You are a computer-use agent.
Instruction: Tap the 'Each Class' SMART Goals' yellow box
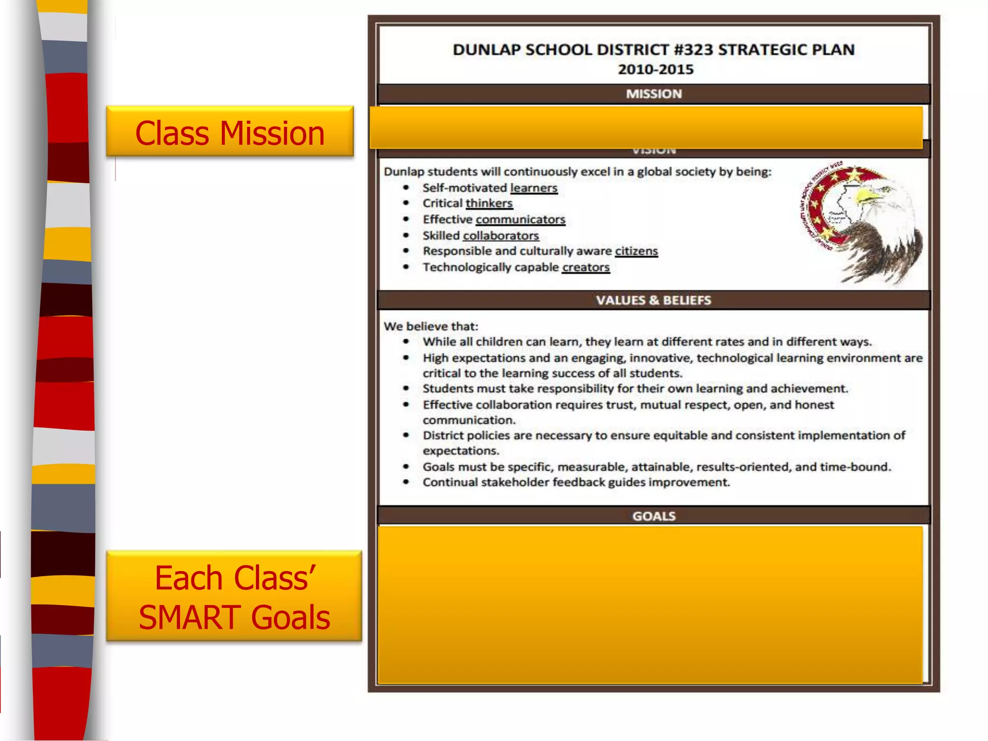pos(234,597)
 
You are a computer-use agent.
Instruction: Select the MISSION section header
pos(654,94)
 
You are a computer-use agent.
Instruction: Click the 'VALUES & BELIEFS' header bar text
pos(654,300)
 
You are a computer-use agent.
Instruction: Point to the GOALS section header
pos(654,516)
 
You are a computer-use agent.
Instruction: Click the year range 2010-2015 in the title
pos(656,69)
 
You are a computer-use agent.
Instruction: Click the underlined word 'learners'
pos(534,188)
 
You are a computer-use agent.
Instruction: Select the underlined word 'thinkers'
pos(489,203)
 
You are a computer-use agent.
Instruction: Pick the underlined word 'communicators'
pos(520,220)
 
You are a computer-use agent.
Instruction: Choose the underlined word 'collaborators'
pos(501,235)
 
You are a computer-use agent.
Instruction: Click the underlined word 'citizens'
pos(636,251)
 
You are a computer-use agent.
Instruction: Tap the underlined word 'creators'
pos(586,267)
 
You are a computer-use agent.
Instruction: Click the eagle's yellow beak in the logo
pos(867,195)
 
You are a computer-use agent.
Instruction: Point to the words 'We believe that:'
pos(431,326)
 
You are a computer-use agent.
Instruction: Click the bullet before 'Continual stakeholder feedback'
pos(406,482)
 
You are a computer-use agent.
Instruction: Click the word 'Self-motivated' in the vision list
pos(465,188)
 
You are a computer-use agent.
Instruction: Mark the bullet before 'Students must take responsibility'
pos(406,388)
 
